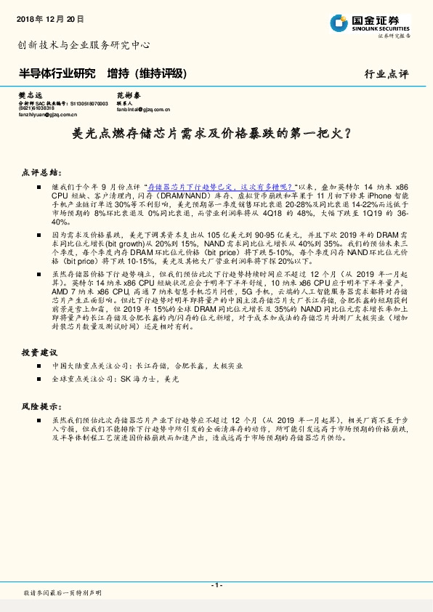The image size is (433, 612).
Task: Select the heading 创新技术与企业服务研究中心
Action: (x=84, y=44)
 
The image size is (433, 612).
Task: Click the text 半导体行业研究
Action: (x=57, y=73)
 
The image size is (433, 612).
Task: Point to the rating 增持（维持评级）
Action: (x=147, y=73)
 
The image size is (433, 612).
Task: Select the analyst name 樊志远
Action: (x=31, y=96)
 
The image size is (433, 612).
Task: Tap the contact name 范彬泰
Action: (x=128, y=96)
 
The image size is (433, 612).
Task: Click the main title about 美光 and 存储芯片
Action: (x=216, y=134)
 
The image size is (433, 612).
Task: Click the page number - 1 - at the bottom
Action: (x=216, y=585)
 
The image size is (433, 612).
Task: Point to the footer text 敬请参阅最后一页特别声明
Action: (x=62, y=593)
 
